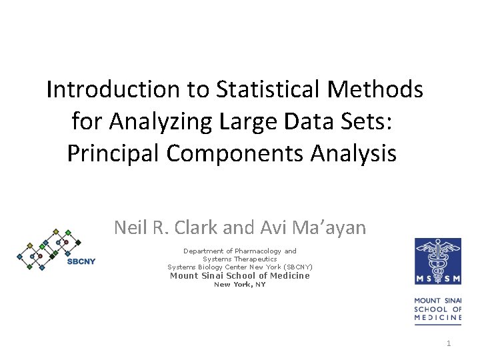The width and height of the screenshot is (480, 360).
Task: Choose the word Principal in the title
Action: [113, 153]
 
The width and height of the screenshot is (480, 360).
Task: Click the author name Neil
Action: [129, 228]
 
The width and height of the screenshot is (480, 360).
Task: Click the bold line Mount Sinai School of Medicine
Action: [240, 275]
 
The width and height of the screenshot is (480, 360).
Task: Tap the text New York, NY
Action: [239, 285]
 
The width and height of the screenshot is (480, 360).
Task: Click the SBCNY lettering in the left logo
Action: [81, 261]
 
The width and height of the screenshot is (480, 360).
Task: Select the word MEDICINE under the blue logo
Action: [438, 318]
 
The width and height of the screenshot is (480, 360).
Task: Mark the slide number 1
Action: [449, 343]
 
